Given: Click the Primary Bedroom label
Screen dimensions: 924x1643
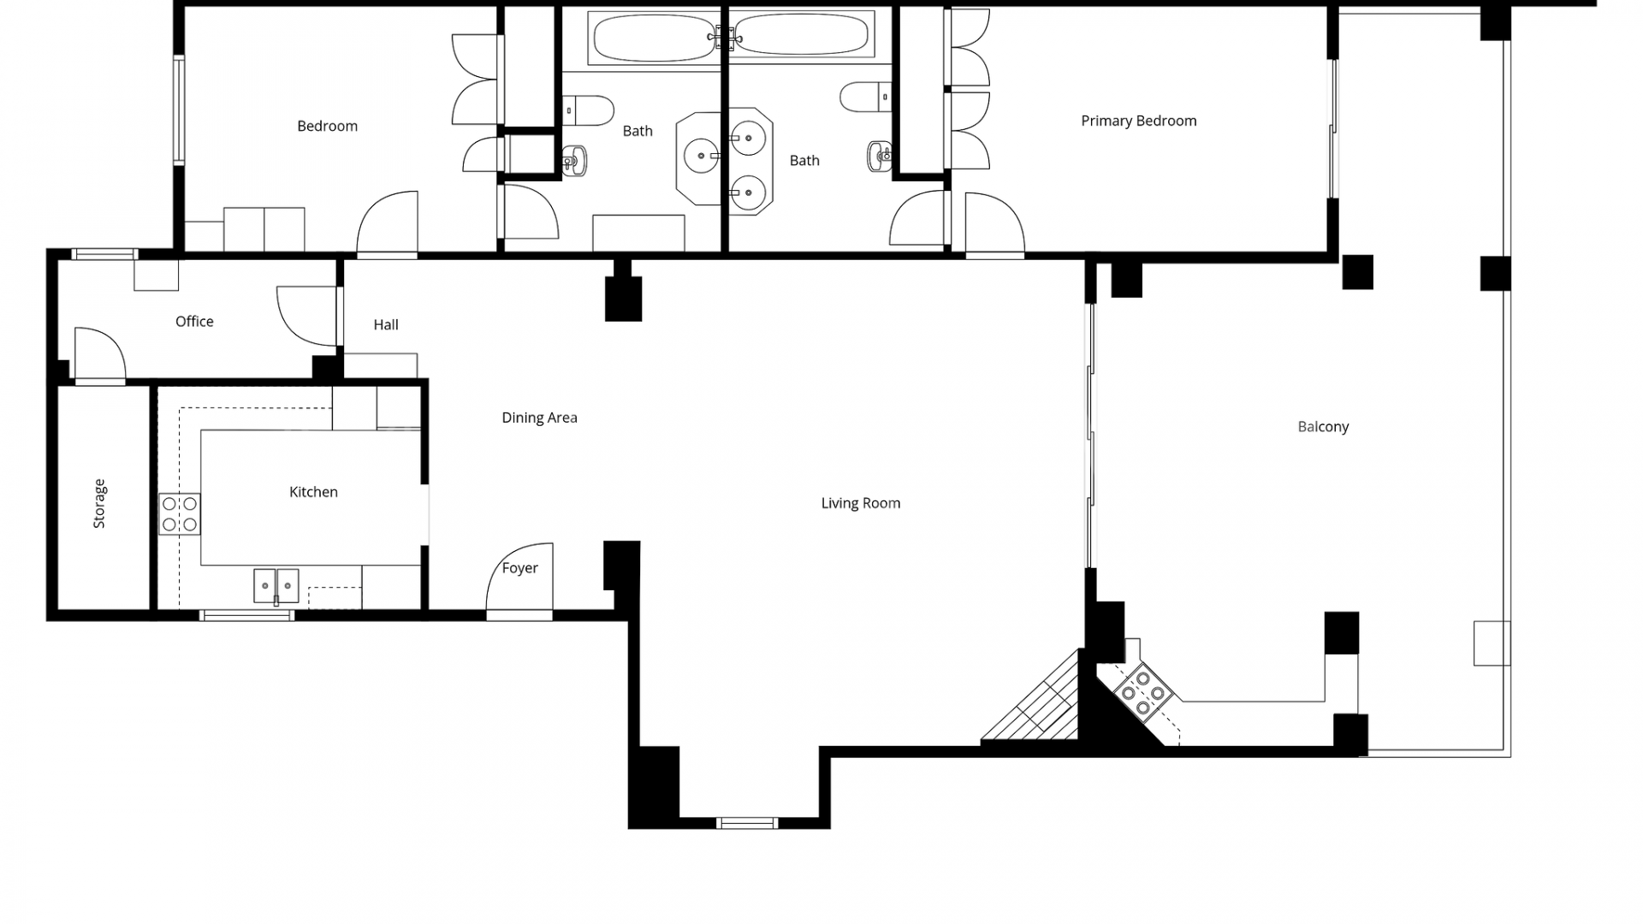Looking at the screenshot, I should [1138, 121].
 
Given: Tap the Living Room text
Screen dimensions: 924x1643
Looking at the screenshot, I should [860, 503].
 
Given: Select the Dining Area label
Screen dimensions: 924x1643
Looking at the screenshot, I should [539, 418].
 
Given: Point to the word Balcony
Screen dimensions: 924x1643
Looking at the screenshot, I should [1323, 426].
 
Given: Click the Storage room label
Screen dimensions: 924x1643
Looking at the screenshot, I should [99, 503].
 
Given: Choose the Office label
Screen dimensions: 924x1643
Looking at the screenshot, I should [194, 321].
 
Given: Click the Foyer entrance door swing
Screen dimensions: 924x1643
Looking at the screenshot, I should [520, 582].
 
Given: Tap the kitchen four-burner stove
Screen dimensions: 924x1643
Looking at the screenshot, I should [180, 514].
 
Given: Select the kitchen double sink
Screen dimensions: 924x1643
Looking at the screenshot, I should [276, 586].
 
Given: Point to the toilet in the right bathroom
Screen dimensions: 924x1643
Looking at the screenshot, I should [865, 97].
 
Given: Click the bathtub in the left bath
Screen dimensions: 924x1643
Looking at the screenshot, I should [654, 38].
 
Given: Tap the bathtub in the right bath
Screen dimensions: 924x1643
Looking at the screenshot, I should [800, 37].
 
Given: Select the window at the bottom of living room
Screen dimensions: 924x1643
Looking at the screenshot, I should [746, 823].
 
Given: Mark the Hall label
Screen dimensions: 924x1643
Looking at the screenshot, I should [386, 324].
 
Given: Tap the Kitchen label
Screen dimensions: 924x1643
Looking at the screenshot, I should [313, 492].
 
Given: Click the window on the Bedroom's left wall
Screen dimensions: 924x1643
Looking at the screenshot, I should [179, 110].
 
